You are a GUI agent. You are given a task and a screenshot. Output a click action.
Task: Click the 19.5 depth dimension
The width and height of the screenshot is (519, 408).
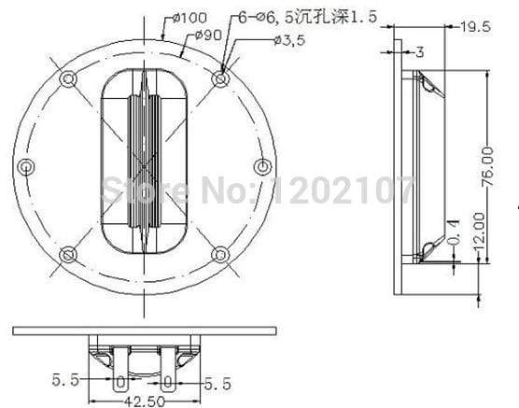pos(476,28)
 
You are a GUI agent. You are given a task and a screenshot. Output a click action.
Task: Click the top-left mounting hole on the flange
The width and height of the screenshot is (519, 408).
pos(68,80)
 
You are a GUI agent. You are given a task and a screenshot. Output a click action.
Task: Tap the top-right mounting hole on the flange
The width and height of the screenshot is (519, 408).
pos(220,79)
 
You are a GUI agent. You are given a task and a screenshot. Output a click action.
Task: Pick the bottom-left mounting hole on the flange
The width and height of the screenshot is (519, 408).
pos(68,255)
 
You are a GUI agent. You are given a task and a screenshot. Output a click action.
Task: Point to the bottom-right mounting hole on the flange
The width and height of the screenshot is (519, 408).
pos(220,255)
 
